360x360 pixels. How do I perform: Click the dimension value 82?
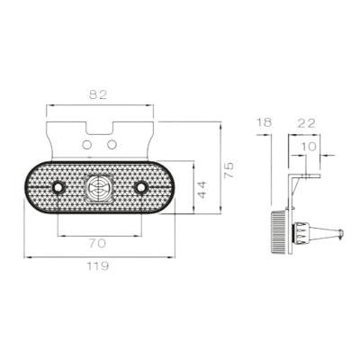coord(98,94)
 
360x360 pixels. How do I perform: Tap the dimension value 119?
coord(98,265)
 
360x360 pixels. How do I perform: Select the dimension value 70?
coord(97,243)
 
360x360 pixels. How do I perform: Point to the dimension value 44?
coord(202,189)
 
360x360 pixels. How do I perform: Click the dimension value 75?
coord(229,170)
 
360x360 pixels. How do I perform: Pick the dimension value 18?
coord(265,122)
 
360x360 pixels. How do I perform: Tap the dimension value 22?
coord(307,123)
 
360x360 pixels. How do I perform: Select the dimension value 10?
coord(308,147)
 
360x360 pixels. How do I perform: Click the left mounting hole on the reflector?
coord(58,188)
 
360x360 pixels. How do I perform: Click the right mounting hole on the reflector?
coord(140,188)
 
